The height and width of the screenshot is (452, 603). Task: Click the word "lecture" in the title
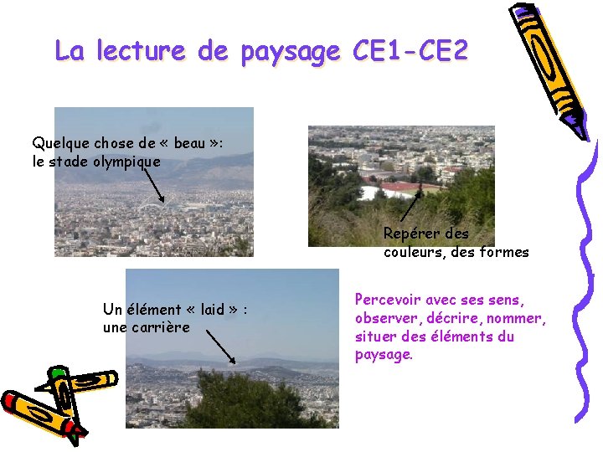[139, 51]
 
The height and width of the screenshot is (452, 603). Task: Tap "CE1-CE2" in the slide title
[410, 51]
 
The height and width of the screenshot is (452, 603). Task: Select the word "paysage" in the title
[290, 53]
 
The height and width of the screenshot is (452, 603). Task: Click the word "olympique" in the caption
[126, 162]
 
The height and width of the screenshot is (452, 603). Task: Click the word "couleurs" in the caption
[414, 252]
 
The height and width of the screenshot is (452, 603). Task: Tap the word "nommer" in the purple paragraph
[519, 318]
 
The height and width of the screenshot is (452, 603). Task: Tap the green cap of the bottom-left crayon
[58, 373]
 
